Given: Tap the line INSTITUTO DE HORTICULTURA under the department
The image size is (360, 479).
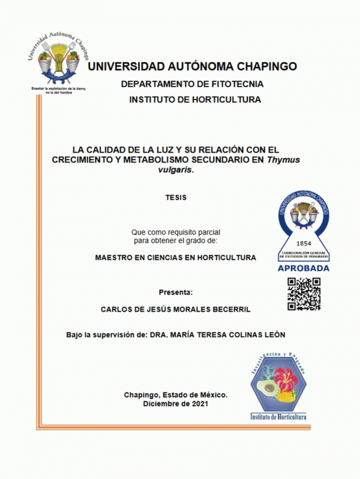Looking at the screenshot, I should pos(195,100).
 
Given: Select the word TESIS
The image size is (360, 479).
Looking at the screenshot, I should pos(176,197).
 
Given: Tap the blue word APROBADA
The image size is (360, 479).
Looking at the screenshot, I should pos(304,268).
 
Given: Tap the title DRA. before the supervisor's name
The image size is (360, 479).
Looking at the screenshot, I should pos(160,334).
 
